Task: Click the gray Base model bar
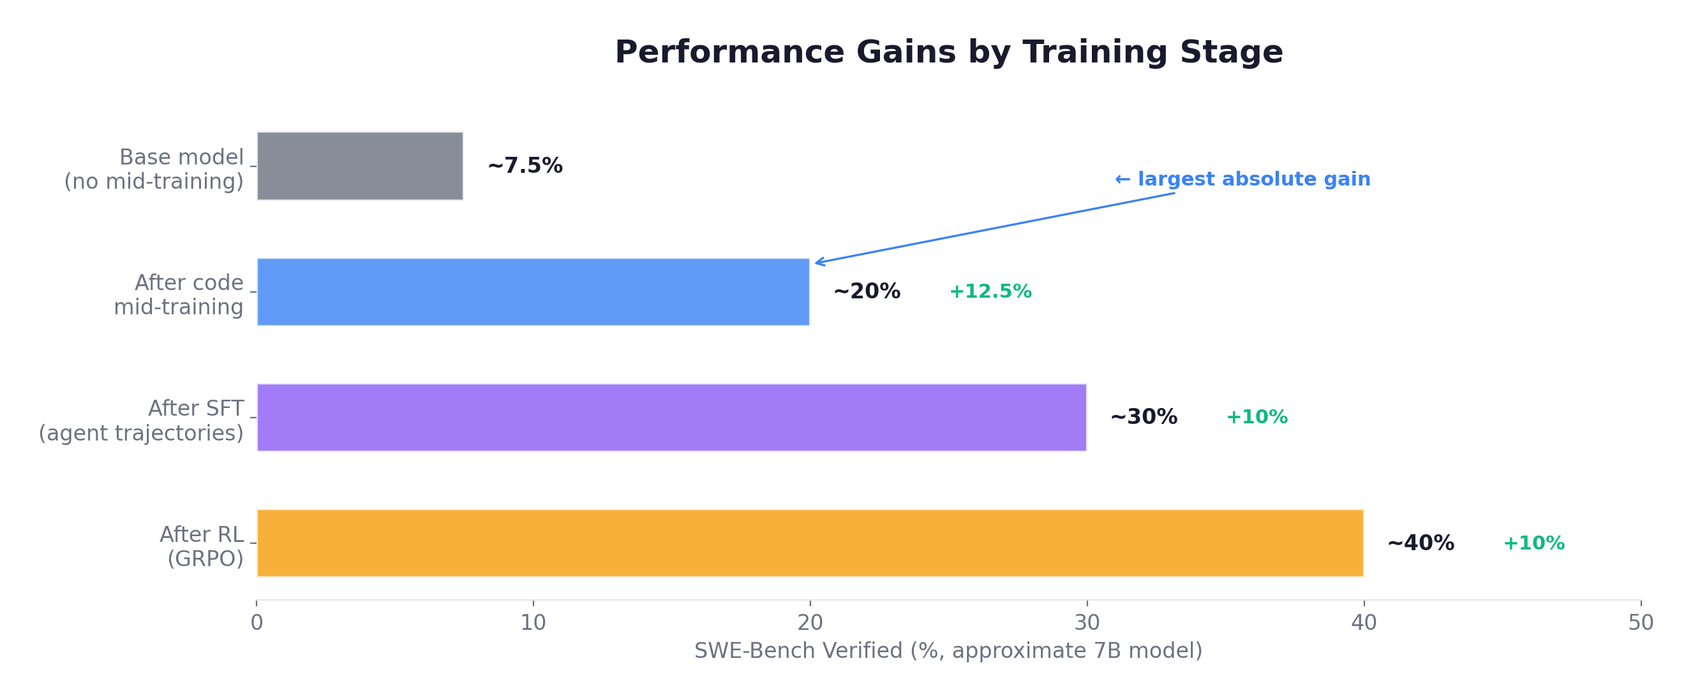pyautogui.click(x=359, y=166)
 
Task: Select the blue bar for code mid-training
pyautogui.click(x=533, y=291)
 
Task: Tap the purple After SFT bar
pyautogui.click(x=671, y=418)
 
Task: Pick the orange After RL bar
pyautogui.click(x=810, y=543)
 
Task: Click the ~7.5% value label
pyautogui.click(x=525, y=166)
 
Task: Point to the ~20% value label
pyautogui.click(x=866, y=291)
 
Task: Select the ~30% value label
pyautogui.click(x=1144, y=417)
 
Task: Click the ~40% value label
pyautogui.click(x=1421, y=543)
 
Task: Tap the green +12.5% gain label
pyautogui.click(x=990, y=291)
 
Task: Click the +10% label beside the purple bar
pyautogui.click(x=1257, y=417)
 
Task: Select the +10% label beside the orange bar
pyautogui.click(x=1534, y=543)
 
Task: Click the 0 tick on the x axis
pyautogui.click(x=257, y=622)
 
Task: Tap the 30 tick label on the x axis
pyautogui.click(x=1086, y=622)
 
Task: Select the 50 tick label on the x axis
pyautogui.click(x=1641, y=622)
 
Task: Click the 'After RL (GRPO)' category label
pyautogui.click(x=202, y=546)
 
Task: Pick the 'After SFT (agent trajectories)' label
pyautogui.click(x=141, y=420)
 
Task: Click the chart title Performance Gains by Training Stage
pyautogui.click(x=948, y=52)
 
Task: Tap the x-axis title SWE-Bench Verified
pyautogui.click(x=948, y=651)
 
